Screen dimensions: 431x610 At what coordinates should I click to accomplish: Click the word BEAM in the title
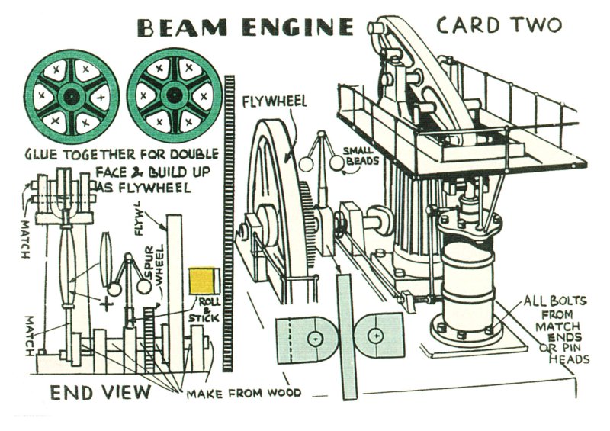[180, 29]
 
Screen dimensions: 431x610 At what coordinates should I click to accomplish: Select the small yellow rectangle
[201, 281]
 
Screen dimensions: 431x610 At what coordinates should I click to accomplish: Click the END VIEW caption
[100, 393]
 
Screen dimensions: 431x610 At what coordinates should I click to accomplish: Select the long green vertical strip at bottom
[347, 336]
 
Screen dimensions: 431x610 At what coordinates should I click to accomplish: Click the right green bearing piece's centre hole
[375, 335]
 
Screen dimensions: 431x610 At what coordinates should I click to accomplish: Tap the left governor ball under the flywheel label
[307, 162]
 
